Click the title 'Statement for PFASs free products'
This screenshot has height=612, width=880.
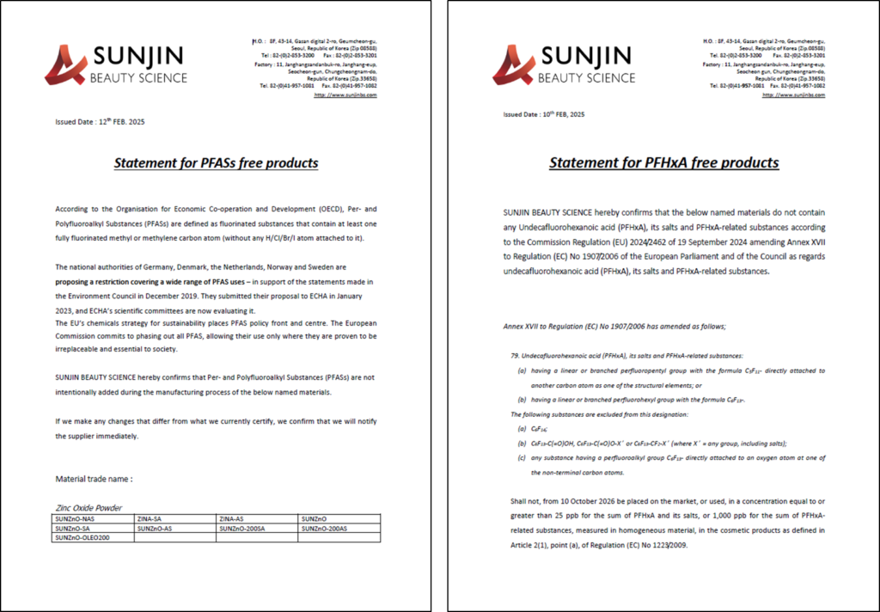pyautogui.click(x=216, y=163)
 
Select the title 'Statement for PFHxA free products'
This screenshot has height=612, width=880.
pyautogui.click(x=663, y=162)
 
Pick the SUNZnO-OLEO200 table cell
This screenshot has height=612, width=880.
pyautogui.click(x=82, y=537)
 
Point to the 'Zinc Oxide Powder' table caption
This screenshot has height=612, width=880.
pyautogui.click(x=89, y=508)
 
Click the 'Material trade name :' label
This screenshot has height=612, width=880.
pyautogui.click(x=94, y=479)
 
